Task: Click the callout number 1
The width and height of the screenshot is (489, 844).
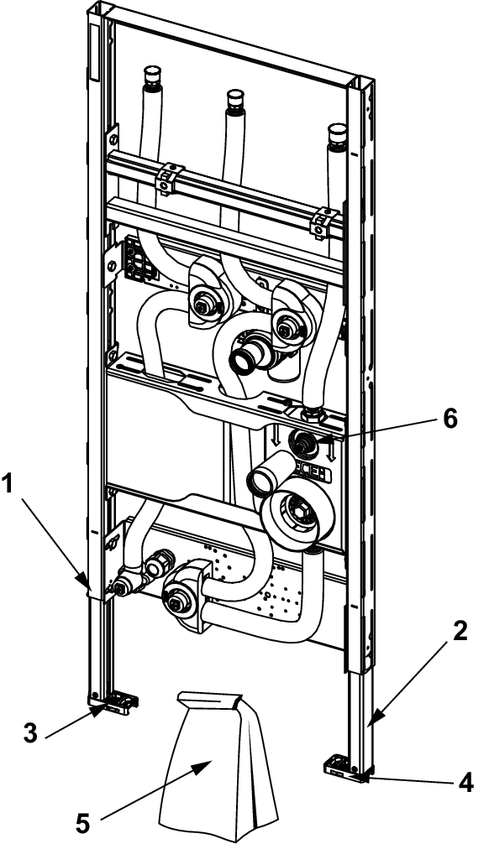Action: pyautogui.click(x=8, y=484)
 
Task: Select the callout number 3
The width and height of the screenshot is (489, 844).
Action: pyautogui.click(x=31, y=732)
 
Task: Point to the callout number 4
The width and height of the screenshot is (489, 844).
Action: pyautogui.click(x=465, y=782)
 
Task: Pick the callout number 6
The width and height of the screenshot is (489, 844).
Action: pyautogui.click(x=450, y=419)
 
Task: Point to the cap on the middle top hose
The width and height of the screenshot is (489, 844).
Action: pyautogui.click(x=235, y=98)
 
